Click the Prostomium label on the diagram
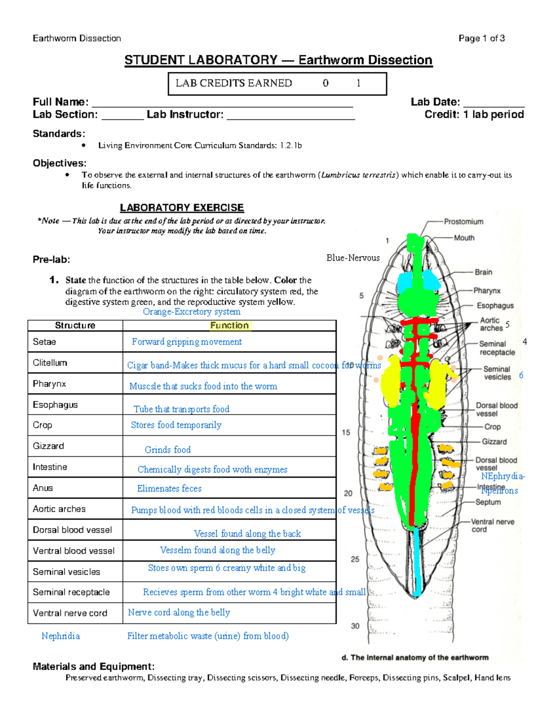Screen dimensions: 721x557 pyautogui.click(x=463, y=222)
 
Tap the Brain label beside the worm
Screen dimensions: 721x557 pyautogui.click(x=483, y=272)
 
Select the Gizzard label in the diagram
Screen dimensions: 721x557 pyautogui.click(x=494, y=442)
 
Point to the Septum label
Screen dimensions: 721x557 pyautogui.click(x=488, y=502)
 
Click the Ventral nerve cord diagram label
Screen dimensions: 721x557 pyautogui.click(x=492, y=526)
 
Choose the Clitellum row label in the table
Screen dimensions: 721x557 pyautogui.click(x=50, y=363)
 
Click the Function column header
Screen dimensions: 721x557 pyautogui.click(x=229, y=325)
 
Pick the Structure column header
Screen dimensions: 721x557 pyautogui.click(x=75, y=325)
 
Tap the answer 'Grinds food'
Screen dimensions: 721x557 pyautogui.click(x=168, y=449)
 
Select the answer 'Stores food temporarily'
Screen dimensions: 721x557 pyautogui.click(x=176, y=425)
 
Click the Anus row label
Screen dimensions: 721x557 pyautogui.click(x=43, y=488)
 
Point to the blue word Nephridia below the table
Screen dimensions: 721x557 pyautogui.click(x=60, y=636)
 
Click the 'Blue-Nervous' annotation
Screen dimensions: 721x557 pyautogui.click(x=353, y=258)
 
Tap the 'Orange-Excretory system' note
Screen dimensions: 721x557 pyautogui.click(x=191, y=312)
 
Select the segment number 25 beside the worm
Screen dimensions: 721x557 pyautogui.click(x=355, y=559)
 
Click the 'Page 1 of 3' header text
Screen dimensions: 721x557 pyautogui.click(x=481, y=39)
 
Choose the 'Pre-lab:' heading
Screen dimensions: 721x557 pyautogui.click(x=51, y=260)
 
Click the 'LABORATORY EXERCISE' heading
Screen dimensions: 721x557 pyautogui.click(x=182, y=208)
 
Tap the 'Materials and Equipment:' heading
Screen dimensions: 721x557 pyautogui.click(x=93, y=667)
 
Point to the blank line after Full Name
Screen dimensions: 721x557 pyautogui.click(x=223, y=103)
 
